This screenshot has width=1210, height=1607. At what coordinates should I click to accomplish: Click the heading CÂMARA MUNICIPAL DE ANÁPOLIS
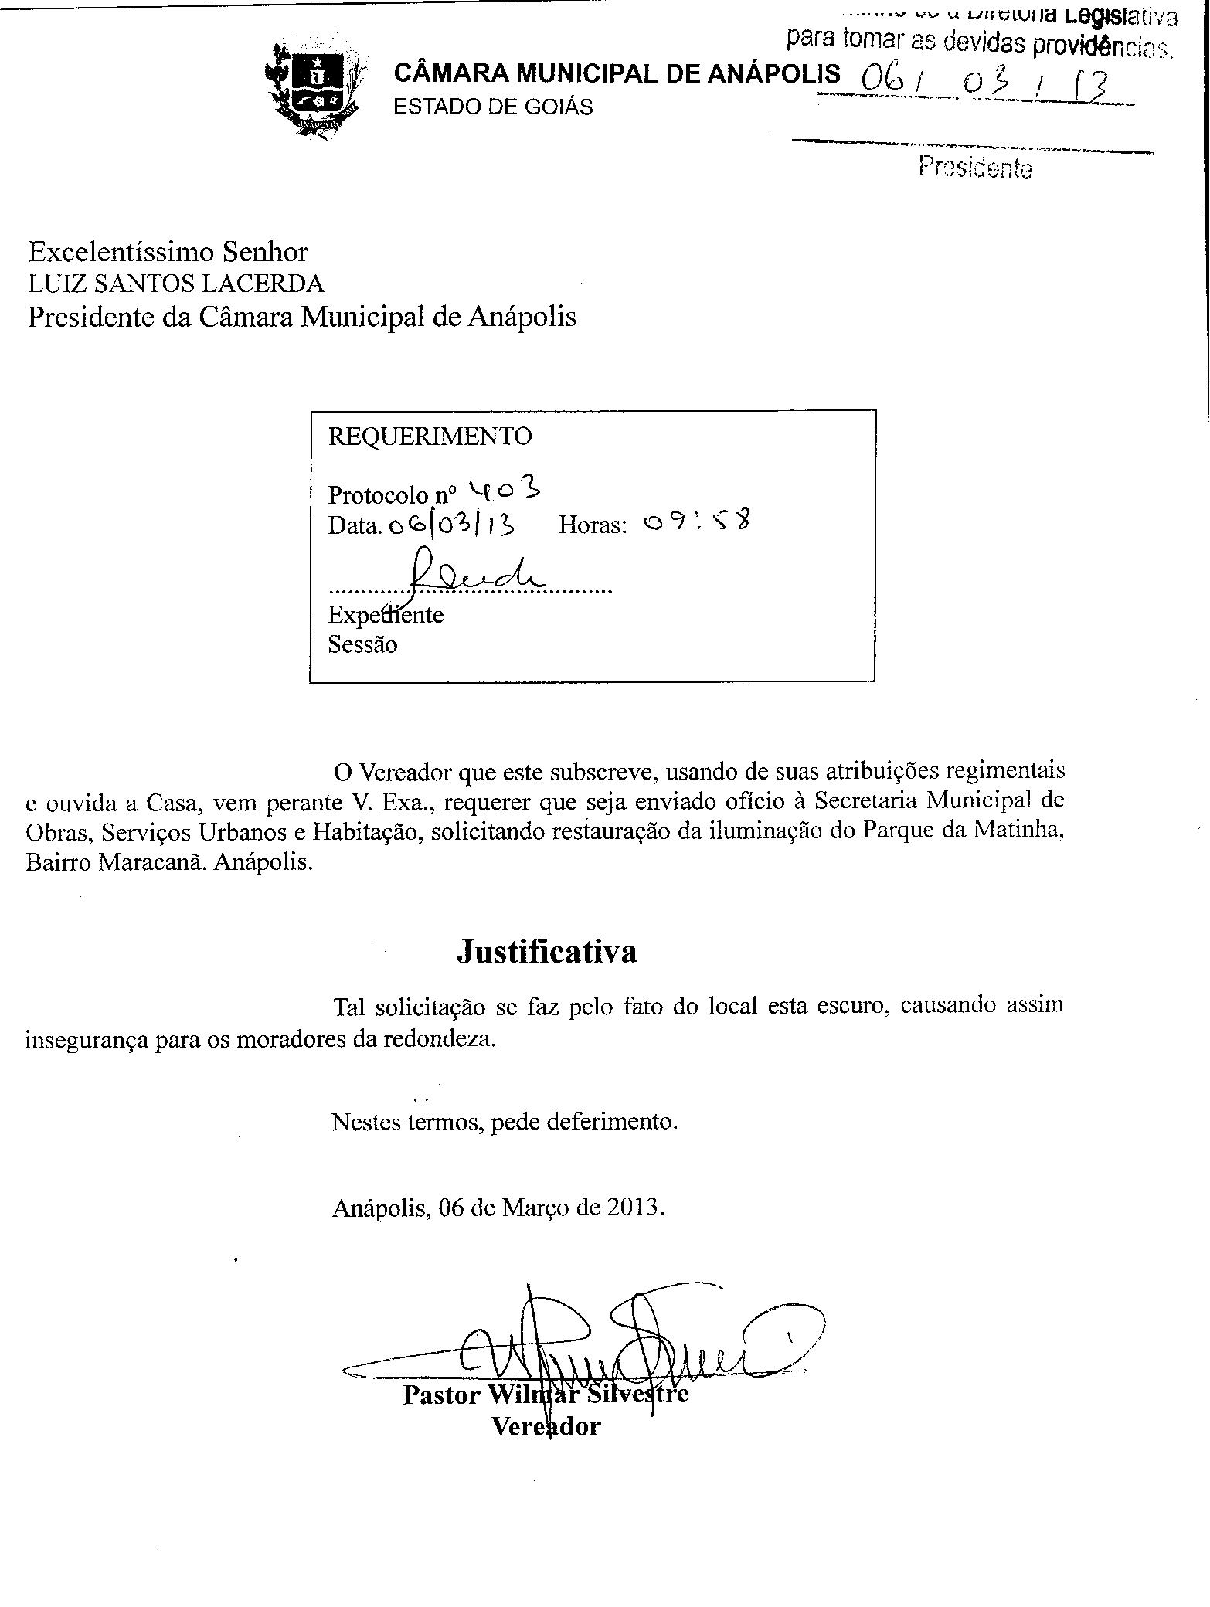pos(616,73)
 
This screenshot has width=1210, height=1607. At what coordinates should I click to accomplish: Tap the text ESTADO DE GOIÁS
pos(493,107)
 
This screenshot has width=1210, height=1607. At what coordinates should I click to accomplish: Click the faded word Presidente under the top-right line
pos(975,166)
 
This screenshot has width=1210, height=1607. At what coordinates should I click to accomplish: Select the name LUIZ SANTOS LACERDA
pos(176,284)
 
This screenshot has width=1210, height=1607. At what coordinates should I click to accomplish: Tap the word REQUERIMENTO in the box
pos(430,437)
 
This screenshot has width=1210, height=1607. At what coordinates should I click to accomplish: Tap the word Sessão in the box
pos(362,644)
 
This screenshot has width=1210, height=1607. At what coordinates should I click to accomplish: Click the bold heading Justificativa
pos(547,951)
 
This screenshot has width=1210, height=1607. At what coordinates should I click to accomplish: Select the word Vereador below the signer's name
pos(546,1425)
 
